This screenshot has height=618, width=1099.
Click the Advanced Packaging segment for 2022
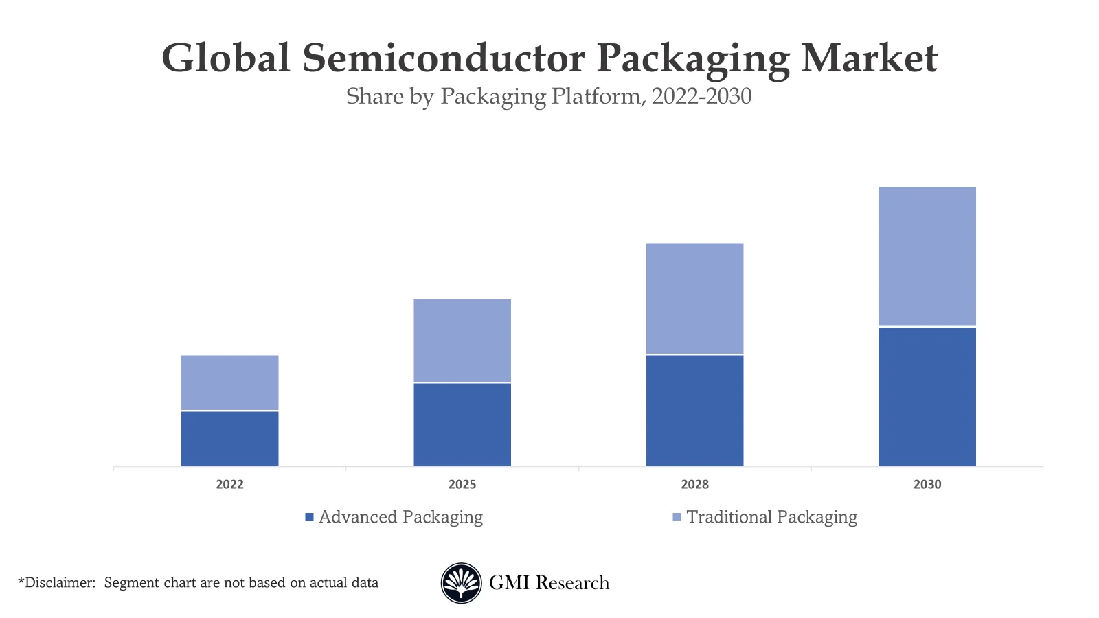[229, 439]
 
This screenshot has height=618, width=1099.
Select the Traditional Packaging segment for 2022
[229, 382]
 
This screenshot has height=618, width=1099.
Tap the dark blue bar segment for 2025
[462, 424]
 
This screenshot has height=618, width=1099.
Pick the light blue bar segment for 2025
[462, 341]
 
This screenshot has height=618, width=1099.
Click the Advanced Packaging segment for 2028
[694, 411]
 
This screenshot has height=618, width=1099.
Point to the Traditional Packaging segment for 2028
[694, 299]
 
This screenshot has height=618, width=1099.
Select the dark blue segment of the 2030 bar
[927, 397]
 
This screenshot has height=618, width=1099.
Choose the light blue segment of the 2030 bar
[927, 256]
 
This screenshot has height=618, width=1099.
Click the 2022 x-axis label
[229, 484]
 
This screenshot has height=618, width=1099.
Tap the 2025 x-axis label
[462, 484]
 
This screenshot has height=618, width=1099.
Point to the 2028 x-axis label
[694, 484]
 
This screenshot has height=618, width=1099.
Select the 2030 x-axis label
[927, 484]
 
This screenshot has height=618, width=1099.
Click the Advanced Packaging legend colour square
[309, 517]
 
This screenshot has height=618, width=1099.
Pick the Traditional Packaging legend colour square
[677, 517]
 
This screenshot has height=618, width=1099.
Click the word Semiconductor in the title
[443, 58]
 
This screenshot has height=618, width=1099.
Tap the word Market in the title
[869, 58]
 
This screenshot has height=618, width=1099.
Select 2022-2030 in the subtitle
[701, 96]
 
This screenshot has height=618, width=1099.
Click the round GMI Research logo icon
[461, 583]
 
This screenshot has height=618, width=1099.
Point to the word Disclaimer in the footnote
[58, 583]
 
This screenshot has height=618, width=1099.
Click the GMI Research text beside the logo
[549, 583]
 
